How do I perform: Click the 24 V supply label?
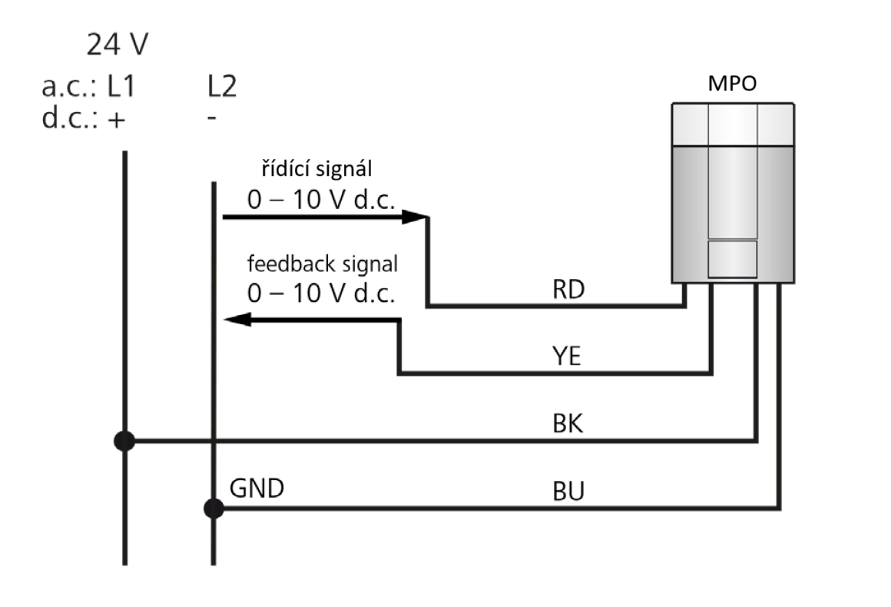coord(117,46)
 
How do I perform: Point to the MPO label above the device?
coord(730,85)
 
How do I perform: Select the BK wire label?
coord(567,424)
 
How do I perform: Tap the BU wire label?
coord(568,491)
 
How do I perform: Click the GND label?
coord(257,489)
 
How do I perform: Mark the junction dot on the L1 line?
coord(124,441)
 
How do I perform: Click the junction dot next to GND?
coord(214,508)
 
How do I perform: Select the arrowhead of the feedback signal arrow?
coord(235,321)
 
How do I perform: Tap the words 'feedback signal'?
coord(322,264)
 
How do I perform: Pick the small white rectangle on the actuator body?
coord(732,259)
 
